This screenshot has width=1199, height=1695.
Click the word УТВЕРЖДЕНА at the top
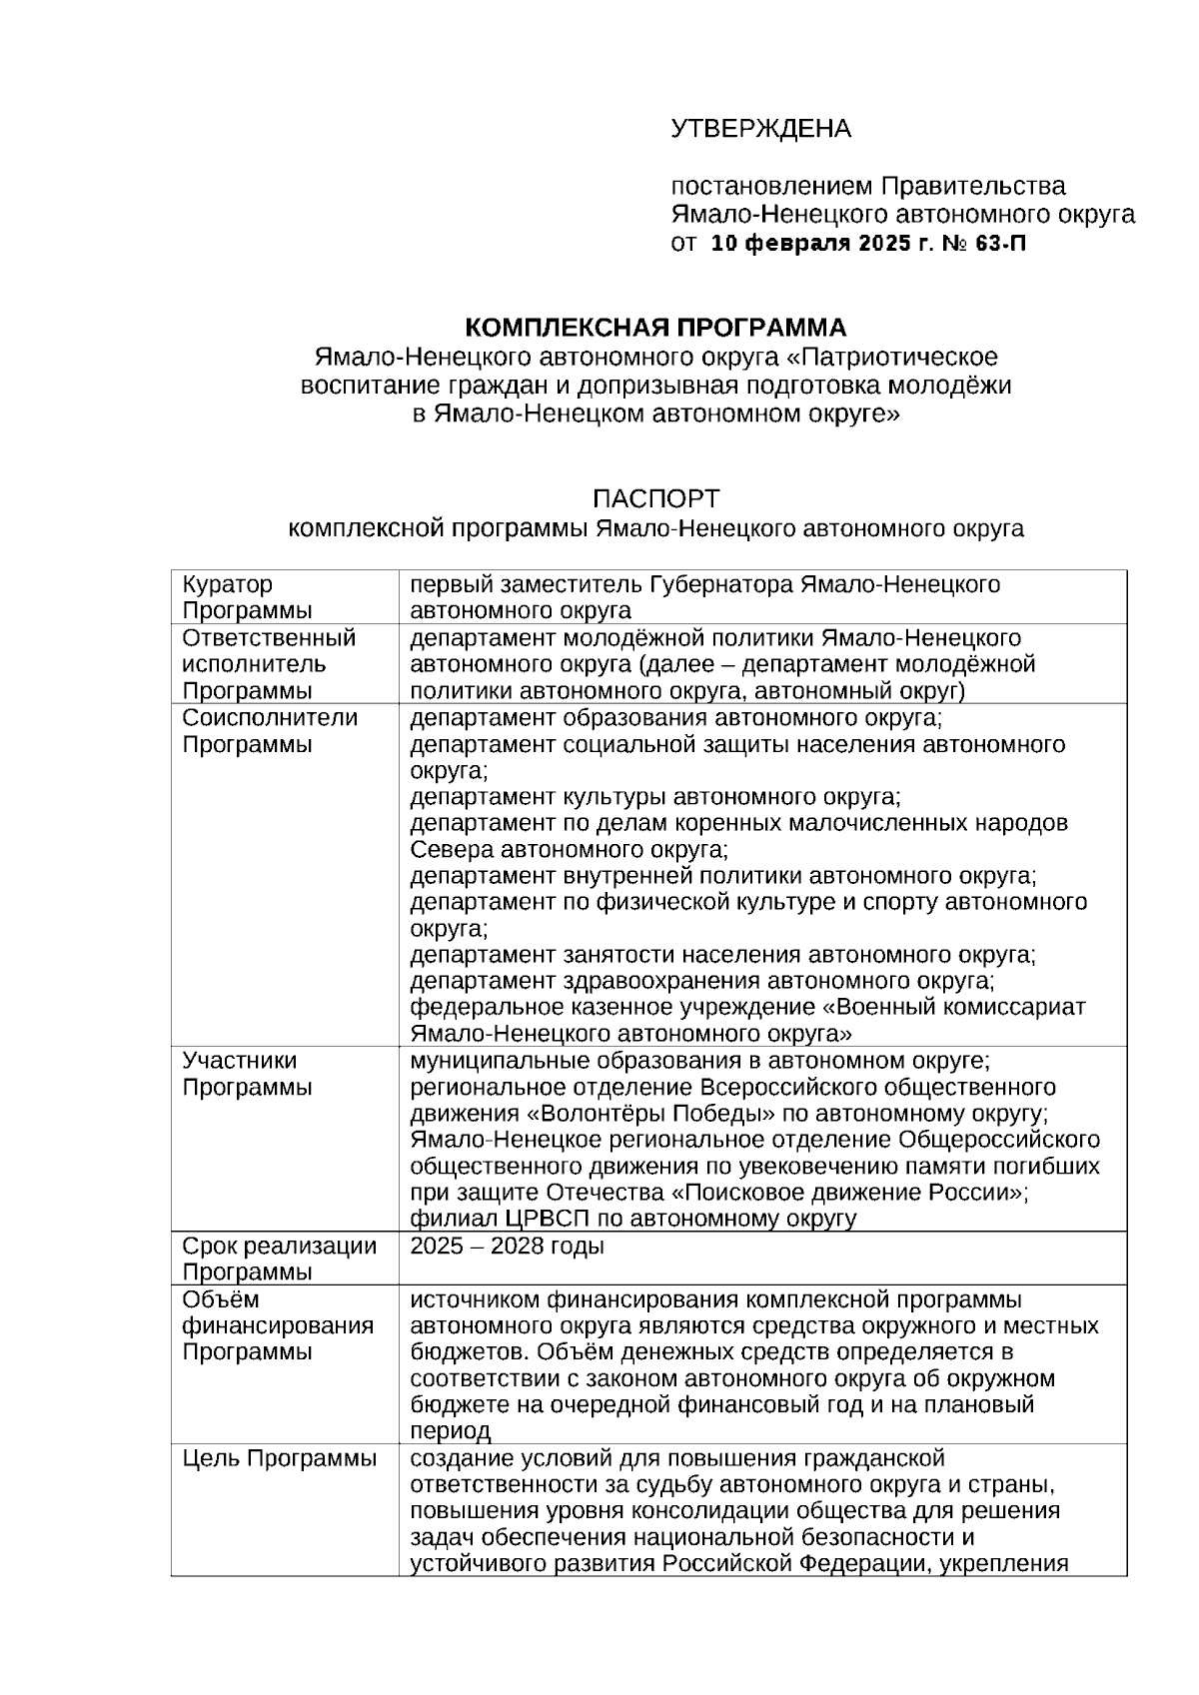point(759,129)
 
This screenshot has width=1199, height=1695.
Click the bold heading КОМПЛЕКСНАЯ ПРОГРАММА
point(655,328)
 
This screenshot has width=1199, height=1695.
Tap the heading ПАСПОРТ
point(655,498)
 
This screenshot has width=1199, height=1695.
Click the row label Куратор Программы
point(246,597)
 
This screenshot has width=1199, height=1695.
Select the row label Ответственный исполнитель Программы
point(268,664)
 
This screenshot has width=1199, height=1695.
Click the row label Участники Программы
point(246,1074)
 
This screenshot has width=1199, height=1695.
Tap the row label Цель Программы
point(279,1458)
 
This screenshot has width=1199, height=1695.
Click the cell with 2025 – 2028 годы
point(508,1247)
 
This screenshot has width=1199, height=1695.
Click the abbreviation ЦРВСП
point(546,1219)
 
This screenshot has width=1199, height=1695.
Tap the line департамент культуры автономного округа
point(655,797)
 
